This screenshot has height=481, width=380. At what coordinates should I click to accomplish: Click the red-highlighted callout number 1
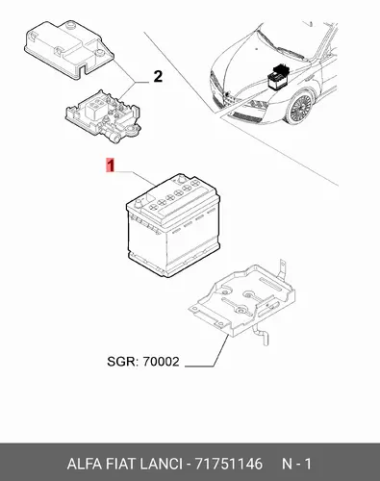tap(111, 165)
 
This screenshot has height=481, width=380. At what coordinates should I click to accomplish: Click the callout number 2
tap(158, 77)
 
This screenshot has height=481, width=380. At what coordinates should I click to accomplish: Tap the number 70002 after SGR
tap(161, 362)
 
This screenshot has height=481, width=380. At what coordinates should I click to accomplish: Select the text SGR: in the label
tap(123, 362)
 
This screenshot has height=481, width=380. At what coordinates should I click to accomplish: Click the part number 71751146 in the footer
tap(229, 464)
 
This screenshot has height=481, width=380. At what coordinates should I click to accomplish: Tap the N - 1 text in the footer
tap(296, 464)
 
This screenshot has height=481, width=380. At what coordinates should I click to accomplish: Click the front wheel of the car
tap(299, 107)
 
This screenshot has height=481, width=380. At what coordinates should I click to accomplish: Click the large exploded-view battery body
tap(173, 225)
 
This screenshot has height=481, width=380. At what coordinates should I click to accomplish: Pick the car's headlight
tap(256, 105)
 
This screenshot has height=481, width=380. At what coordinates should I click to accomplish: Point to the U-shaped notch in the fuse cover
tap(85, 68)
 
